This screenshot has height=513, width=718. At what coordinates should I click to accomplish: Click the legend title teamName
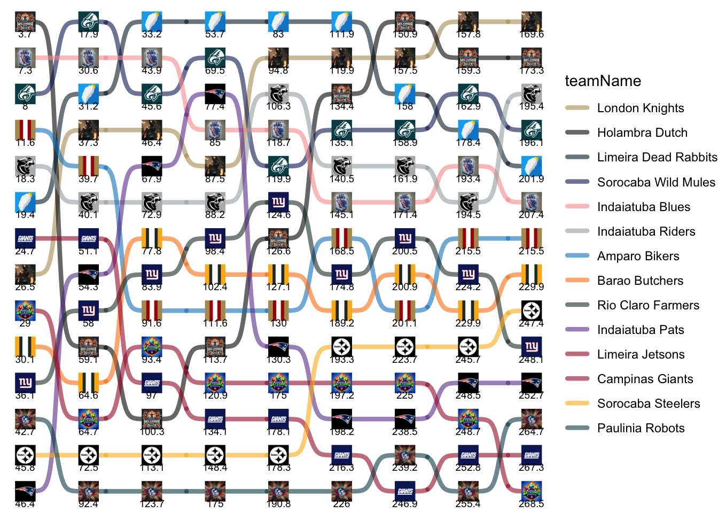pos(603,81)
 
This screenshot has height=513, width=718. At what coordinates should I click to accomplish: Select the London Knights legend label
pos(640,108)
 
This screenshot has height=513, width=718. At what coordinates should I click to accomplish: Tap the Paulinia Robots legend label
pos(641,428)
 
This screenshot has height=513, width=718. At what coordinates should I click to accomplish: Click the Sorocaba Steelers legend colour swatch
pos(577,403)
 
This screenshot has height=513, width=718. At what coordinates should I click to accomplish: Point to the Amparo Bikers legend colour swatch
pos(577,256)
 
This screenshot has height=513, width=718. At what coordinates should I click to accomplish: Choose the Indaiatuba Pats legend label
pos(640,330)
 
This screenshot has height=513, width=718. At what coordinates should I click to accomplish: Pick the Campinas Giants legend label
pos(645,379)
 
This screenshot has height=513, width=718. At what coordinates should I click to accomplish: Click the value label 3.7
pos(25,34)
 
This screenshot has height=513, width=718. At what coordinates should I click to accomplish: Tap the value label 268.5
pos(531,504)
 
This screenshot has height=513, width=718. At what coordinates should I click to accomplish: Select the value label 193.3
pos(341,360)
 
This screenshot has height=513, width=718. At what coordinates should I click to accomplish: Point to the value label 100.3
pos(152,432)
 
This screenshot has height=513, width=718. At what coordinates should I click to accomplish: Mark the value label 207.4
pos(531,215)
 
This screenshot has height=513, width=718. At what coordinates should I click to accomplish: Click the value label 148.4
pos(215,468)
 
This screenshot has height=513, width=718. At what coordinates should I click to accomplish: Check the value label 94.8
pos(278,71)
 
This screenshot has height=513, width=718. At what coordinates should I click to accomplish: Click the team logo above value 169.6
pos(531,22)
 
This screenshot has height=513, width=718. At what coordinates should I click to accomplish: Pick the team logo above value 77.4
pos(215,94)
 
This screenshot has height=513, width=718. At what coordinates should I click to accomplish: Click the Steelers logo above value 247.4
pos(531,310)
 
